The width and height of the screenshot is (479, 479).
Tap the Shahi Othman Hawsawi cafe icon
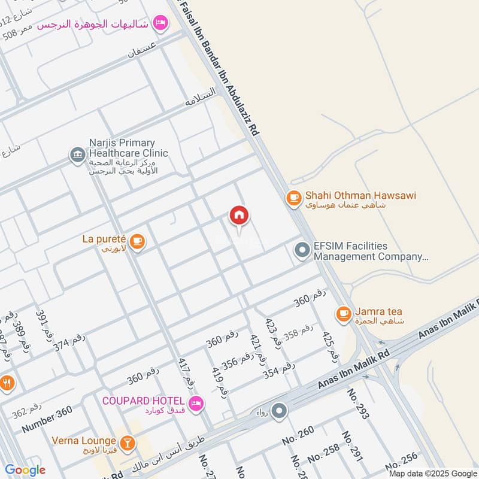click(293, 198)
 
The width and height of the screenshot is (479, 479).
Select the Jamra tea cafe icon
click(343, 313)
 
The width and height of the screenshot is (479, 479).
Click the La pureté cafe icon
click(138, 241)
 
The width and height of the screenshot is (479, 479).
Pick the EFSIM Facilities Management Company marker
click(302, 250)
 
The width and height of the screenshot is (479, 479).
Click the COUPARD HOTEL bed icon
click(195, 404)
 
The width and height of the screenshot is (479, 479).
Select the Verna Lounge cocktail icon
click(126, 443)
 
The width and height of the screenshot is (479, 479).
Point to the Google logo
click(25, 470)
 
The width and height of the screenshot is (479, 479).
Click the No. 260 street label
click(298, 439)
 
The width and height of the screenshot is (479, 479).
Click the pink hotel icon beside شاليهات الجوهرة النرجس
click(160, 23)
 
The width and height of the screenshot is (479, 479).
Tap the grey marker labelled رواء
click(279, 411)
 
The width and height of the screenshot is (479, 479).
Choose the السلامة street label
click(200, 98)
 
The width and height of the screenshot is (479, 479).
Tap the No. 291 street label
click(353, 446)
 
